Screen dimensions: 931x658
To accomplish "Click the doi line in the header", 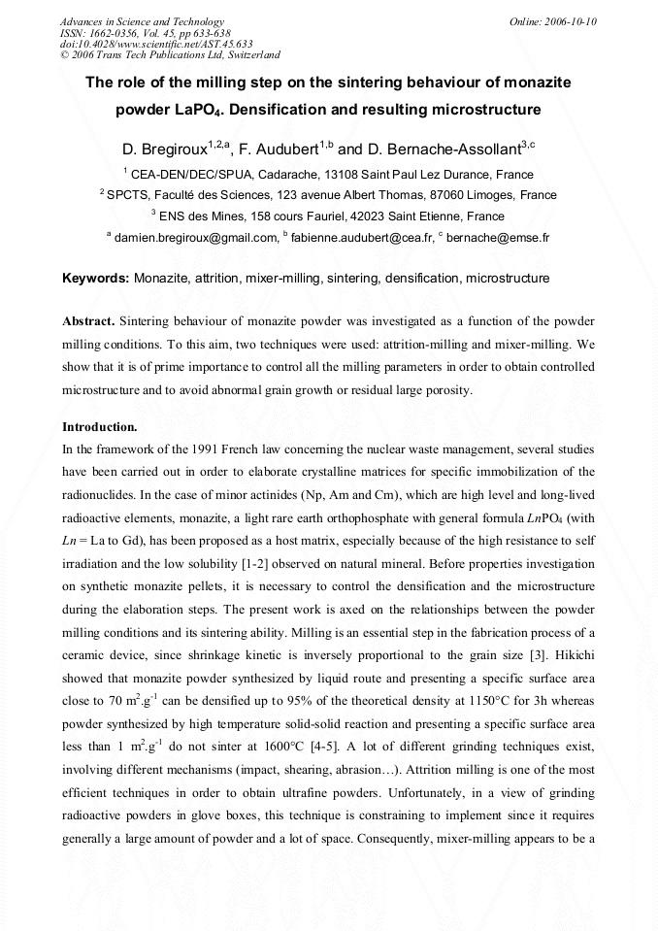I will point(156,44).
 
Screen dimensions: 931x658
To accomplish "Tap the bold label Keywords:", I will point(95,279).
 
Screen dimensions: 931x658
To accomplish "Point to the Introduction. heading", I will point(100,426).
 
